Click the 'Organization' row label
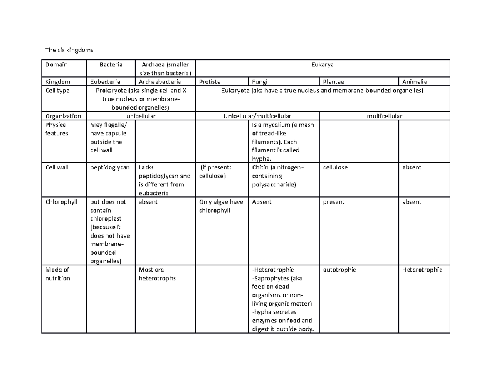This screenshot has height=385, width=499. click(x=63, y=116)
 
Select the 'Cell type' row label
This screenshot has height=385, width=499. click(x=58, y=91)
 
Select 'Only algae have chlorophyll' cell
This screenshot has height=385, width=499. click(x=221, y=206)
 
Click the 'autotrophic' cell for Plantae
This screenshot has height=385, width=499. click(x=339, y=270)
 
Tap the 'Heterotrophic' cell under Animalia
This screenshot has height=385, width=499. click(x=422, y=270)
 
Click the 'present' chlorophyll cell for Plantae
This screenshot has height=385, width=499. click(x=333, y=202)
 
